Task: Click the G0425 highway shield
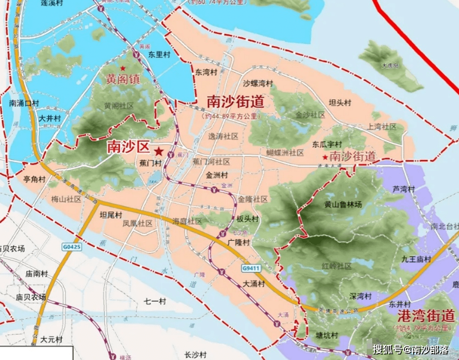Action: (x=72, y=247)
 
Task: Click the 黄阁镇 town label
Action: (x=123, y=79)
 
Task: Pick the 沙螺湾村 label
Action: (x=258, y=84)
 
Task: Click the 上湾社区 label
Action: (x=382, y=127)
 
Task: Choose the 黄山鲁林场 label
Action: (x=343, y=205)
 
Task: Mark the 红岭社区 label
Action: (x=336, y=266)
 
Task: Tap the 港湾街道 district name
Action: (x=425, y=316)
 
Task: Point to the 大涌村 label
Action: (x=254, y=284)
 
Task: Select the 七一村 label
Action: (x=155, y=301)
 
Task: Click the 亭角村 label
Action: (x=35, y=179)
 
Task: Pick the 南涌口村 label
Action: (x=23, y=103)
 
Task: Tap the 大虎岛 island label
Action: (x=391, y=66)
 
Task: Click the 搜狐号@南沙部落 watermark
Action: (x=410, y=349)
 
